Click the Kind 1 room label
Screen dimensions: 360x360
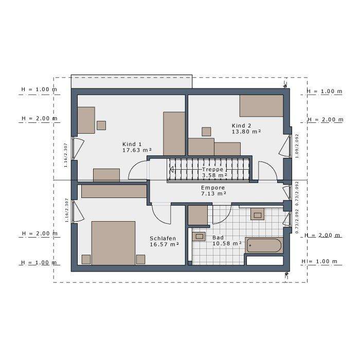(132, 143)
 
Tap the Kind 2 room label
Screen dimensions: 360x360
(241, 125)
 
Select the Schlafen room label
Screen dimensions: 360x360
(163, 238)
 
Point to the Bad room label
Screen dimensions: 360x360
(218, 238)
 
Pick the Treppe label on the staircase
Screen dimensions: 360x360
(212, 169)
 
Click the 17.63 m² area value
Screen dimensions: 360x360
(137, 151)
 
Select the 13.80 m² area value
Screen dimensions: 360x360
(246, 132)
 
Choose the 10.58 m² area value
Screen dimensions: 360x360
(227, 243)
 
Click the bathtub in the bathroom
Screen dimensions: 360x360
(264, 246)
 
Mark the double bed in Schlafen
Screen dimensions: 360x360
(113, 243)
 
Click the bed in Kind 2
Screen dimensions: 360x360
(261, 105)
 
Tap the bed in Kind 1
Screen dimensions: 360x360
(174, 133)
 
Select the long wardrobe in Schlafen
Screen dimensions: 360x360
(114, 191)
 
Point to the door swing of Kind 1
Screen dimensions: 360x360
(137, 171)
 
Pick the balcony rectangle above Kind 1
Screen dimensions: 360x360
(131, 82)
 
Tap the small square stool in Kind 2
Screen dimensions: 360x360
(206, 132)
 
